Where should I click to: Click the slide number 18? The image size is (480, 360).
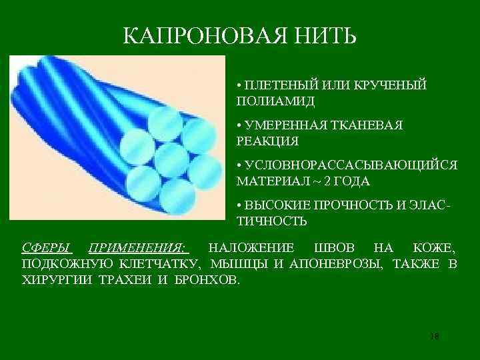pos(435,335)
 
